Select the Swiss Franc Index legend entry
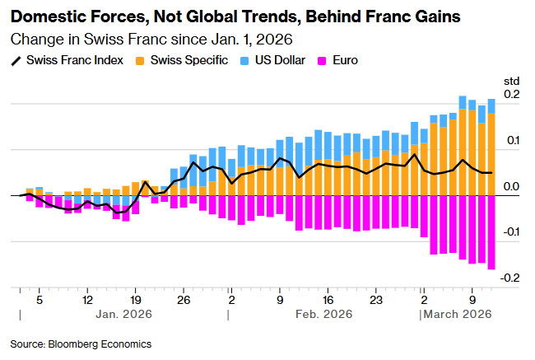tap(75, 60)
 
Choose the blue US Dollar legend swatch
tap(244, 60)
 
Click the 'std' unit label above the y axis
tap(511, 80)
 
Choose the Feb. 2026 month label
tap(323, 315)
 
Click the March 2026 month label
tap(458, 315)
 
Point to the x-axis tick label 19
tap(136, 300)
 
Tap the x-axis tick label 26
tap(184, 300)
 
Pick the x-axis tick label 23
tap(375, 300)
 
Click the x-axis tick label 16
tap(328, 300)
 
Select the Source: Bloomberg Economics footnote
tap(81, 344)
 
